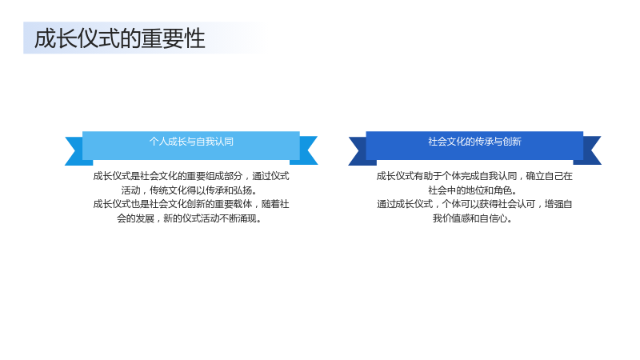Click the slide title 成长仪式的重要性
(x=119, y=38)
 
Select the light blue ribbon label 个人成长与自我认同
(x=191, y=142)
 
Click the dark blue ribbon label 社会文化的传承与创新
(x=474, y=142)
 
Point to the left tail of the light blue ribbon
(x=75, y=151)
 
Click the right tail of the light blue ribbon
(x=306, y=151)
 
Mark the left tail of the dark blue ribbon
(x=359, y=151)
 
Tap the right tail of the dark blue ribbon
(x=590, y=151)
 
